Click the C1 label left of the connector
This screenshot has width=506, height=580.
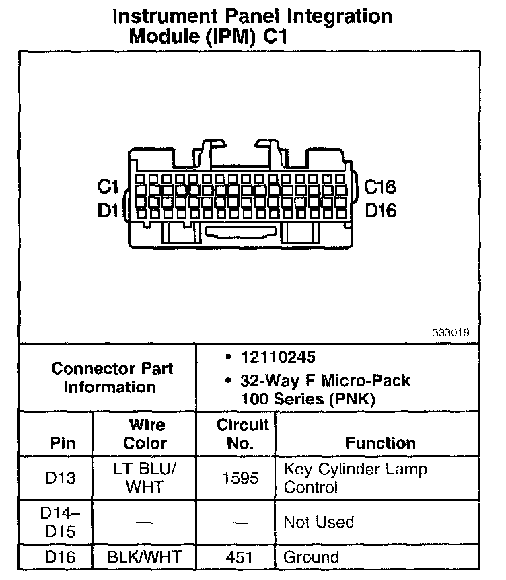108,187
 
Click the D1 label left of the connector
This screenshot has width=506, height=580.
108,211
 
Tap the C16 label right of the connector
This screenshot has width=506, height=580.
381,187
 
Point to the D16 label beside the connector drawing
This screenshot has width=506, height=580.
381,211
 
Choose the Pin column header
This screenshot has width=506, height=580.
62,443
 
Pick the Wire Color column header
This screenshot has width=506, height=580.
145,434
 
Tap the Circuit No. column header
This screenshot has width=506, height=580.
242,434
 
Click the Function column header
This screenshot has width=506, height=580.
380,443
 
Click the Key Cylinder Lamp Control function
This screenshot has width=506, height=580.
355,478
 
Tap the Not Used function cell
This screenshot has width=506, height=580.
319,522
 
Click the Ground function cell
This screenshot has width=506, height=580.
312,557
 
